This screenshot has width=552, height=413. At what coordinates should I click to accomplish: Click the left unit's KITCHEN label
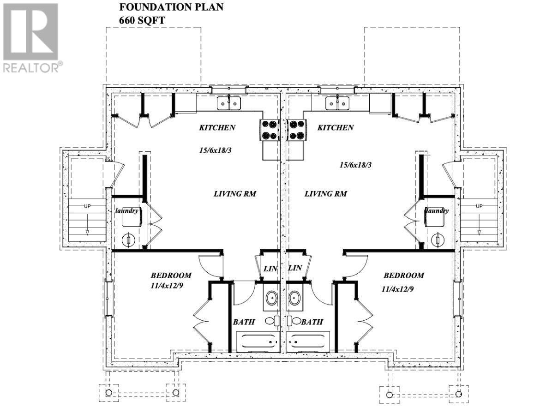pos(217,128)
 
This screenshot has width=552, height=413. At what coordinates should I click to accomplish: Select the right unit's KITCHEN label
pos(336,128)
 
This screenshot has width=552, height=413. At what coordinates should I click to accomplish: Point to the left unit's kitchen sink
pos(229,103)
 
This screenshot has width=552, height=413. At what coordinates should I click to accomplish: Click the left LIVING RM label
pos(234,194)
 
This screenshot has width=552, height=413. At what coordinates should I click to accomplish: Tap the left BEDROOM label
pos(171,275)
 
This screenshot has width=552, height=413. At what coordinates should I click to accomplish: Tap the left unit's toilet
pos(271,320)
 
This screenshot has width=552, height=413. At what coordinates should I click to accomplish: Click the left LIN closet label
pos(269,268)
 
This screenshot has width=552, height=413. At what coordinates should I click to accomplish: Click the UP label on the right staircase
pos(479,206)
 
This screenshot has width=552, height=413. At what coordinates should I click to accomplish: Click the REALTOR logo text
pos(31,68)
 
